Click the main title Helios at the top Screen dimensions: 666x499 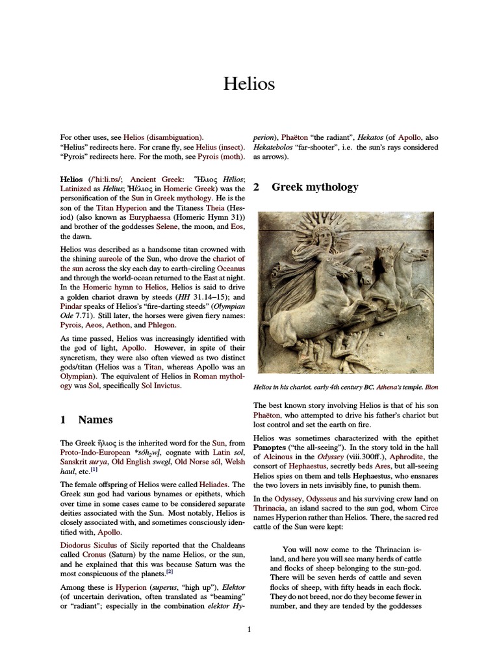click(249, 84)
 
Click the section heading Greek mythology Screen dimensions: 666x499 click(314, 187)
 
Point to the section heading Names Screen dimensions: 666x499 click(95, 420)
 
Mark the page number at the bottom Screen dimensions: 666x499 click(249, 629)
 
